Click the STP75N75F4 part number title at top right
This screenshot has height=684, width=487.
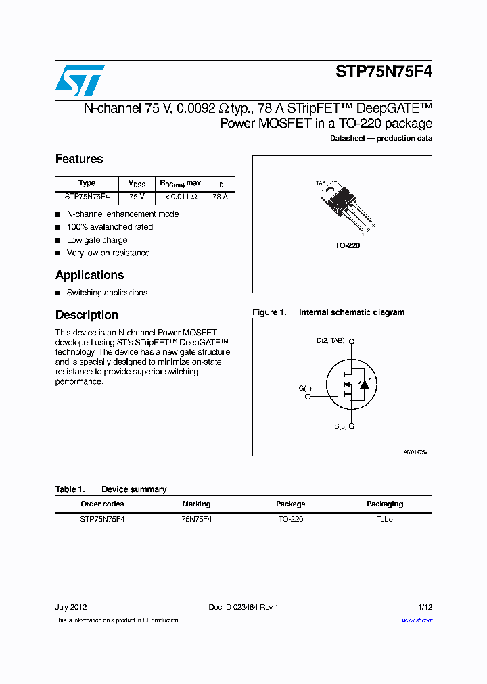click(x=384, y=73)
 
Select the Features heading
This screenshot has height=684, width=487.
click(x=79, y=159)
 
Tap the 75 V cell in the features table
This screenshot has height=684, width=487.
click(x=137, y=197)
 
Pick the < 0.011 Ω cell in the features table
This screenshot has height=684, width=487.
click(x=180, y=197)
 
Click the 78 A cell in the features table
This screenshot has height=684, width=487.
click(x=220, y=197)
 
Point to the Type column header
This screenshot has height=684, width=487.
click(x=87, y=183)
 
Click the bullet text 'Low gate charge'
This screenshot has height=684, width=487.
click(x=97, y=240)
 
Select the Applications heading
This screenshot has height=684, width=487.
click(x=89, y=275)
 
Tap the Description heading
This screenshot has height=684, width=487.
click(x=87, y=315)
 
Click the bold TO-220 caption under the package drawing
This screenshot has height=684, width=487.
click(x=348, y=245)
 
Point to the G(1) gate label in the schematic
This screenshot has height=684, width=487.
click(x=305, y=388)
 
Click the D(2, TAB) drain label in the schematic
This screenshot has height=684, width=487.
click(x=331, y=340)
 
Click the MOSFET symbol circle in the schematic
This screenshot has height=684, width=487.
click(x=352, y=385)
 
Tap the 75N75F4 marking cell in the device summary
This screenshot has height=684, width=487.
click(x=196, y=519)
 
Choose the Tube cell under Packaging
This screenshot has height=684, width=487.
click(x=384, y=519)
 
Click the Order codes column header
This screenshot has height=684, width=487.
click(x=102, y=504)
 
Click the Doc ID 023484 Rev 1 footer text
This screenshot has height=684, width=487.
click(x=243, y=607)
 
